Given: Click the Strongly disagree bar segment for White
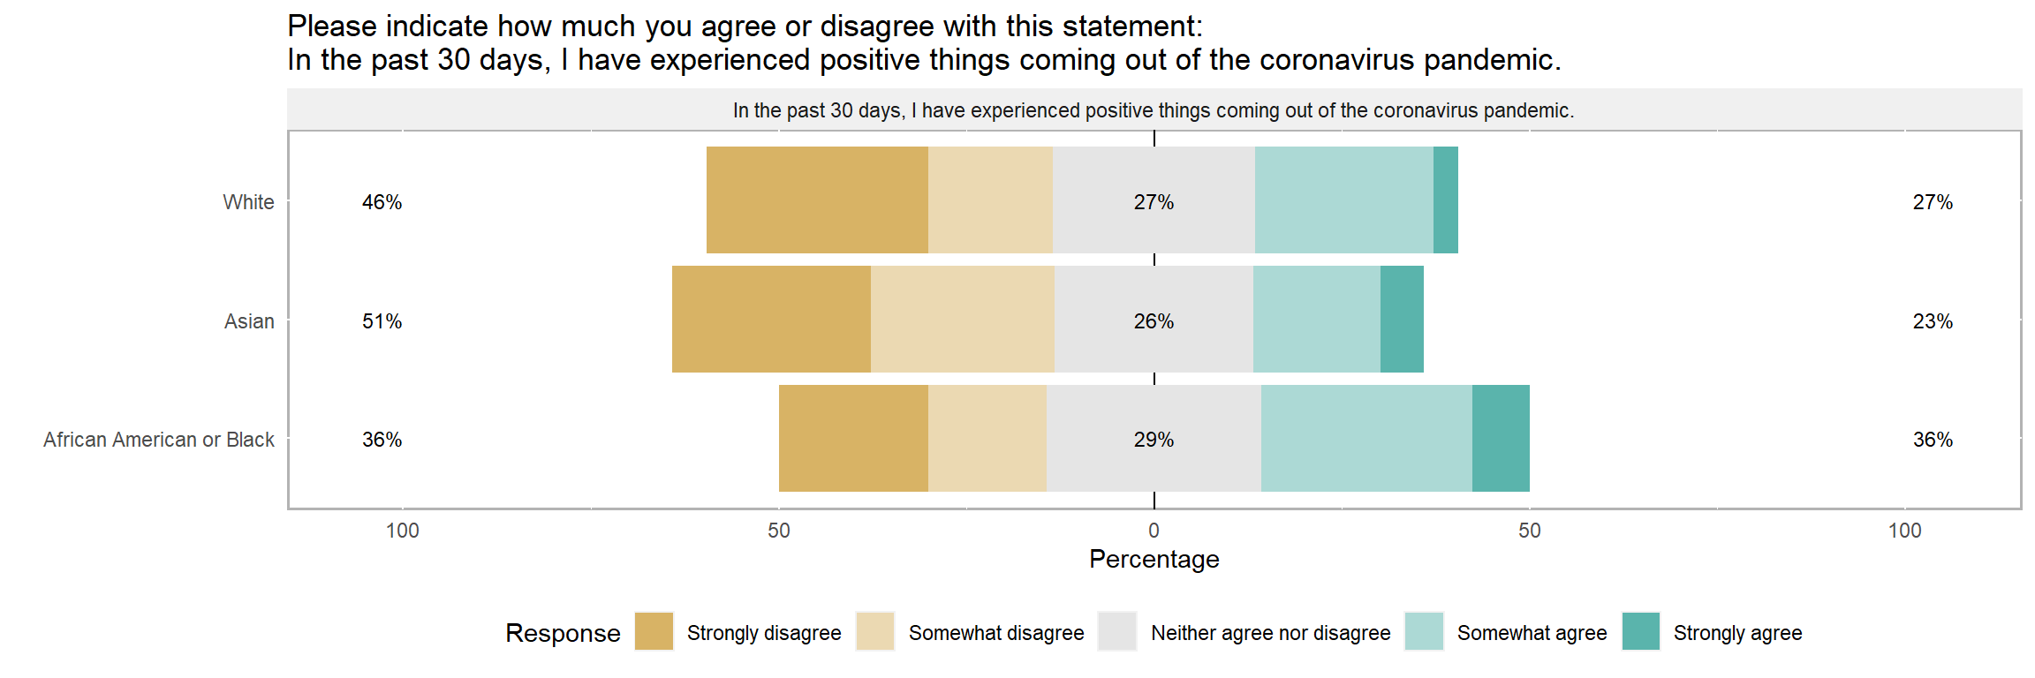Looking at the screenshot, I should pyautogui.click(x=817, y=200).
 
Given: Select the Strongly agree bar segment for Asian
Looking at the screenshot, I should pyautogui.click(x=1402, y=319).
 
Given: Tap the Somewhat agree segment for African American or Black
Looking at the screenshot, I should pyautogui.click(x=1366, y=438).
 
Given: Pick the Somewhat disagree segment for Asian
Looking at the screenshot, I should pyautogui.click(x=962, y=319).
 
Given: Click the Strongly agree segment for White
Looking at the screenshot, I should pyautogui.click(x=1445, y=200).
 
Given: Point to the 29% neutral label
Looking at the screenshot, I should pyautogui.click(x=1154, y=440).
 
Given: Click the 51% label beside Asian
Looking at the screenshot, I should pyautogui.click(x=382, y=321).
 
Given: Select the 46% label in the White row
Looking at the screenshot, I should pyautogui.click(x=382, y=202).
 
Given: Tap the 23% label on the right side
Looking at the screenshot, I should pyautogui.click(x=1933, y=321).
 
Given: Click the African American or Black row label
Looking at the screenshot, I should pyautogui.click(x=159, y=440).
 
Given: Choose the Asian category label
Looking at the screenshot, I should pyautogui.click(x=249, y=321).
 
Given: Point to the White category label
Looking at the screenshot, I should pyautogui.click(x=248, y=202).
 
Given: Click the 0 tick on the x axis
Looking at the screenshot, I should pyautogui.click(x=1154, y=531).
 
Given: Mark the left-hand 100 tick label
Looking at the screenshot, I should pyautogui.click(x=403, y=531).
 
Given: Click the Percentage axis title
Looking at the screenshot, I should pyautogui.click(x=1154, y=559).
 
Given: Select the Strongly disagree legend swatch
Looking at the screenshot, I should pyautogui.click(x=654, y=631).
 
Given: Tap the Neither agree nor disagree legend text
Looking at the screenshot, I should pyautogui.click(x=1270, y=633).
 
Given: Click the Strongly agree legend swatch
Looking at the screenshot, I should pyautogui.click(x=1641, y=631).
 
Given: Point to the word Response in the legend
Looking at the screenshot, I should pyautogui.click(x=563, y=633).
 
